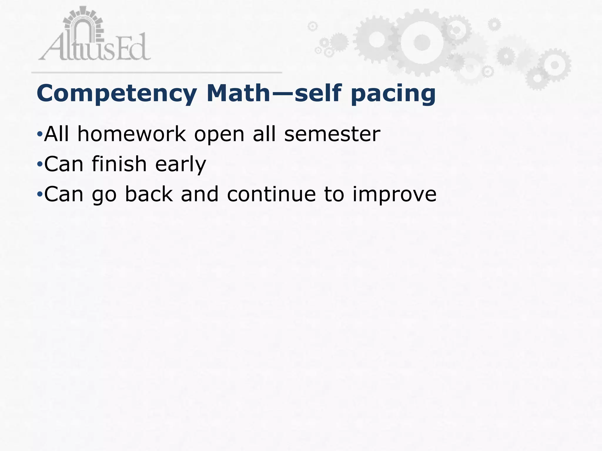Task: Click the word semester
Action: pyautogui.click(x=332, y=134)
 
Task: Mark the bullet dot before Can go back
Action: pyautogui.click(x=40, y=194)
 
